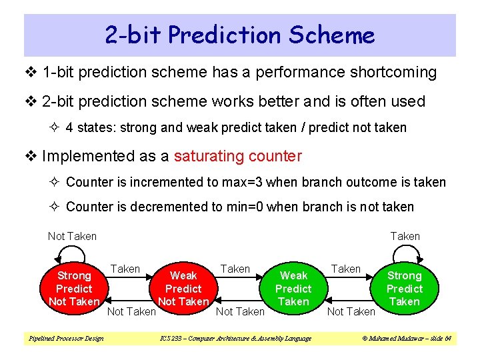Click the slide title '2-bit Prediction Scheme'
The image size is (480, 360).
click(x=240, y=35)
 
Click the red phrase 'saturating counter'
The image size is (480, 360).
click(x=237, y=157)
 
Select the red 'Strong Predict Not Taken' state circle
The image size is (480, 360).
click(x=74, y=289)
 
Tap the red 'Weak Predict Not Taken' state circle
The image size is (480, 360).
click(x=183, y=289)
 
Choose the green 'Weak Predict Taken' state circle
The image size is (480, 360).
click(x=293, y=289)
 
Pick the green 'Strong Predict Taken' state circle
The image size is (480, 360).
click(x=405, y=289)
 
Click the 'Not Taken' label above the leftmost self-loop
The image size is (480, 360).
click(x=72, y=236)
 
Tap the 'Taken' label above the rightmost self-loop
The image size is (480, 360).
click(x=405, y=236)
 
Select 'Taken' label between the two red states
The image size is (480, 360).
click(x=125, y=269)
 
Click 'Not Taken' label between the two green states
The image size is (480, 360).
click(x=351, y=311)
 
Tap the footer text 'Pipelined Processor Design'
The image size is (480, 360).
click(x=66, y=339)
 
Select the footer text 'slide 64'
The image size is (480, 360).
click(x=437, y=339)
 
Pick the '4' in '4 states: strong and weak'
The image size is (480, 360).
click(x=70, y=127)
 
